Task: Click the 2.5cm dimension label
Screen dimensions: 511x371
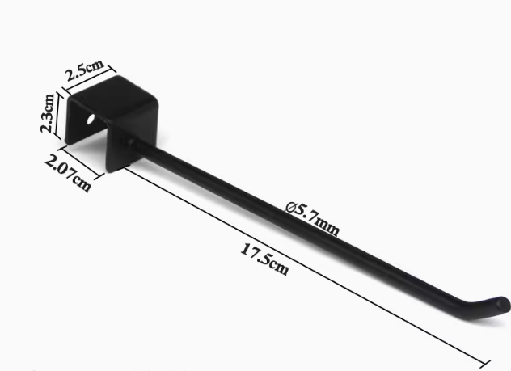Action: point(85,70)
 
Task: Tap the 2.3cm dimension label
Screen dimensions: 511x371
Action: point(47,113)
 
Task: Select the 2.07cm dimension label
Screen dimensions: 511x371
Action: point(68,173)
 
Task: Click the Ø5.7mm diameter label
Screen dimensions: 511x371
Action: point(312,218)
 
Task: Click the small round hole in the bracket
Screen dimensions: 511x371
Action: point(91,119)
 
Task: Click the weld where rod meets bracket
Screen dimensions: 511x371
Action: point(129,141)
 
